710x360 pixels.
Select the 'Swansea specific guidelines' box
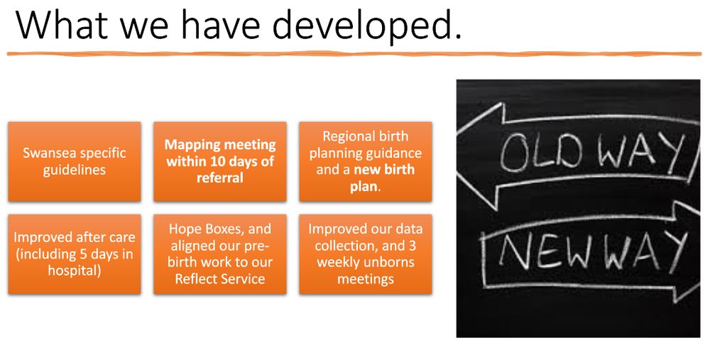[75, 161]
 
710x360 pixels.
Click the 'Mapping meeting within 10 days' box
[220, 161]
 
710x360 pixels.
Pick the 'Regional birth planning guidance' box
[365, 161]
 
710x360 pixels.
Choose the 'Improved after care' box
[75, 253]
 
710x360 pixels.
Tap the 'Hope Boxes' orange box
[220, 253]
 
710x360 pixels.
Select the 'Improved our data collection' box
[365, 253]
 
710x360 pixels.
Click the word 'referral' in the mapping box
[220, 178]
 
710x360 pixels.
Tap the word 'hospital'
[75, 270]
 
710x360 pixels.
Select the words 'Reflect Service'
[220, 278]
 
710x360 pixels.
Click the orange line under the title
[355, 54]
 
